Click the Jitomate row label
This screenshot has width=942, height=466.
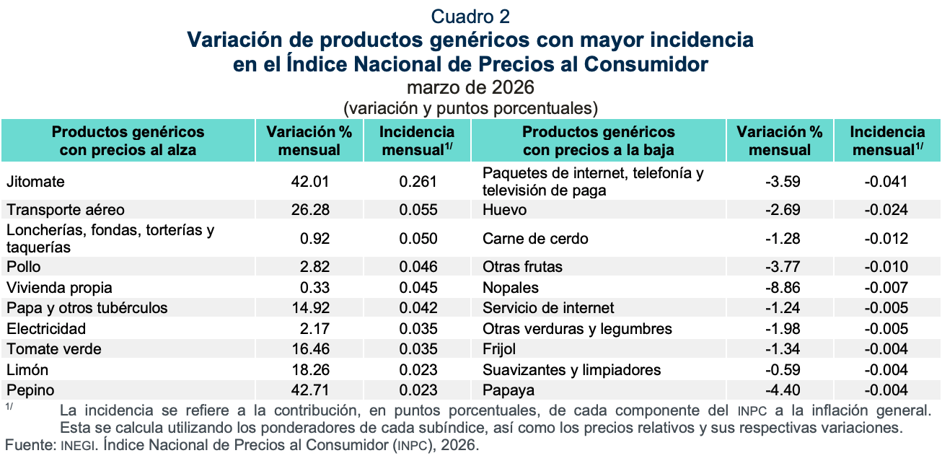(x=35, y=183)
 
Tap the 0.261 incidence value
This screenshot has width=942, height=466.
(x=418, y=183)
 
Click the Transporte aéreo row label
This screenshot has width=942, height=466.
(x=66, y=210)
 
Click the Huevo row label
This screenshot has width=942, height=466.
(x=504, y=210)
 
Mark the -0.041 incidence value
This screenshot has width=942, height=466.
(x=886, y=183)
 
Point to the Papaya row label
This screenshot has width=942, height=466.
(x=509, y=390)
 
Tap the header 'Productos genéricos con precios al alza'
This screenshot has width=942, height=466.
(x=128, y=141)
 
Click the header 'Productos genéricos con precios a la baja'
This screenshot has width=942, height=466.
(x=598, y=141)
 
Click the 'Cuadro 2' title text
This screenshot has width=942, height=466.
(x=470, y=16)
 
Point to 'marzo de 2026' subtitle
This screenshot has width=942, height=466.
(x=470, y=88)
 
